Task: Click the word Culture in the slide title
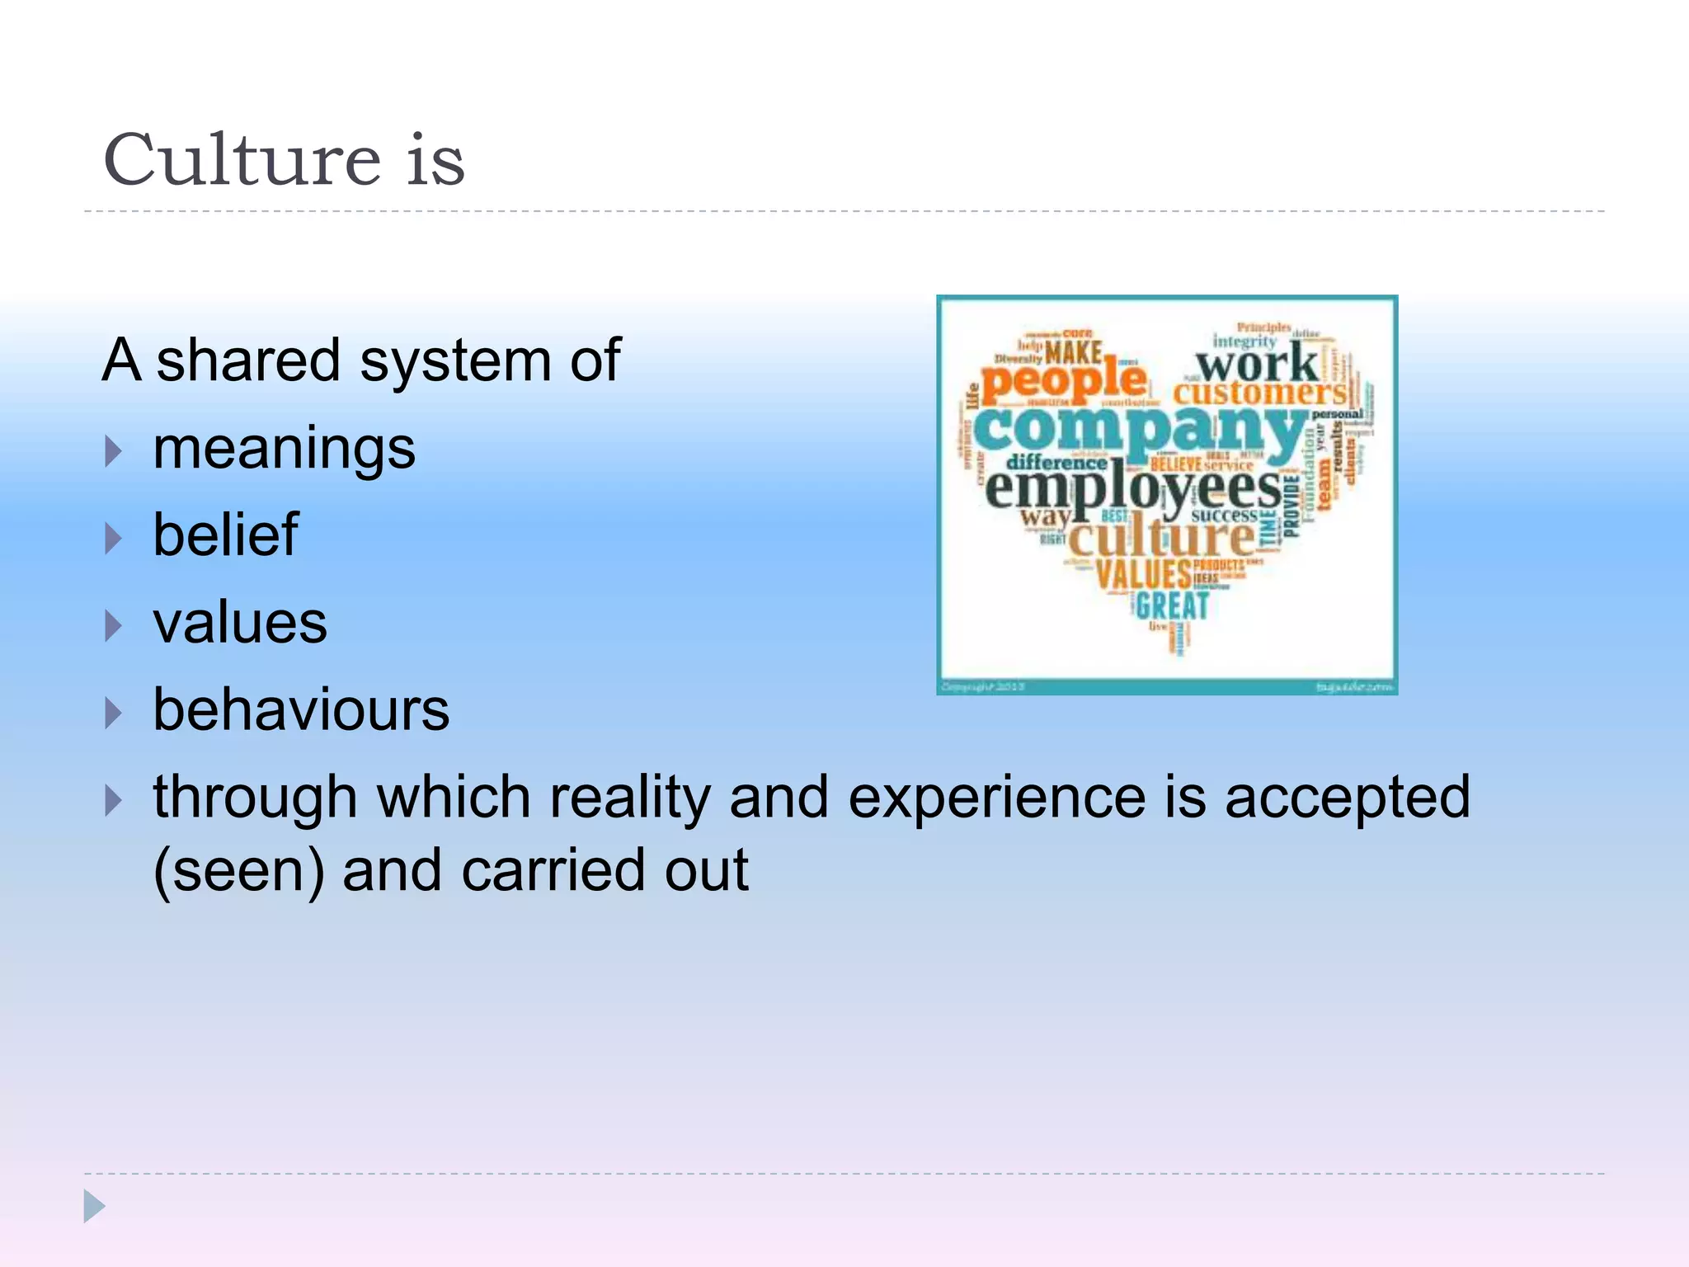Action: coord(242,160)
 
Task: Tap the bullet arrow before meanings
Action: coord(114,451)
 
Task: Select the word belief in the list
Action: coord(225,535)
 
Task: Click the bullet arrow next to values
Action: coord(114,626)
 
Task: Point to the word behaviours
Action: coord(301,710)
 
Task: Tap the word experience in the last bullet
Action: coord(996,798)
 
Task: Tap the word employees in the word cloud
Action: coord(1133,490)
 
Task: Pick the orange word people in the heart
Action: coord(1064,381)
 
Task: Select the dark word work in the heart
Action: coord(1257,363)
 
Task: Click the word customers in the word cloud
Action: coord(1259,393)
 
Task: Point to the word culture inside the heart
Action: coord(1161,538)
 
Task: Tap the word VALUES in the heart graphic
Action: coord(1143,573)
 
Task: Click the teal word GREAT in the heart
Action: coord(1172,606)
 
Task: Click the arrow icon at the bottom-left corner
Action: coord(94,1207)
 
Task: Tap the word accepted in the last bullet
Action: coord(1347,798)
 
